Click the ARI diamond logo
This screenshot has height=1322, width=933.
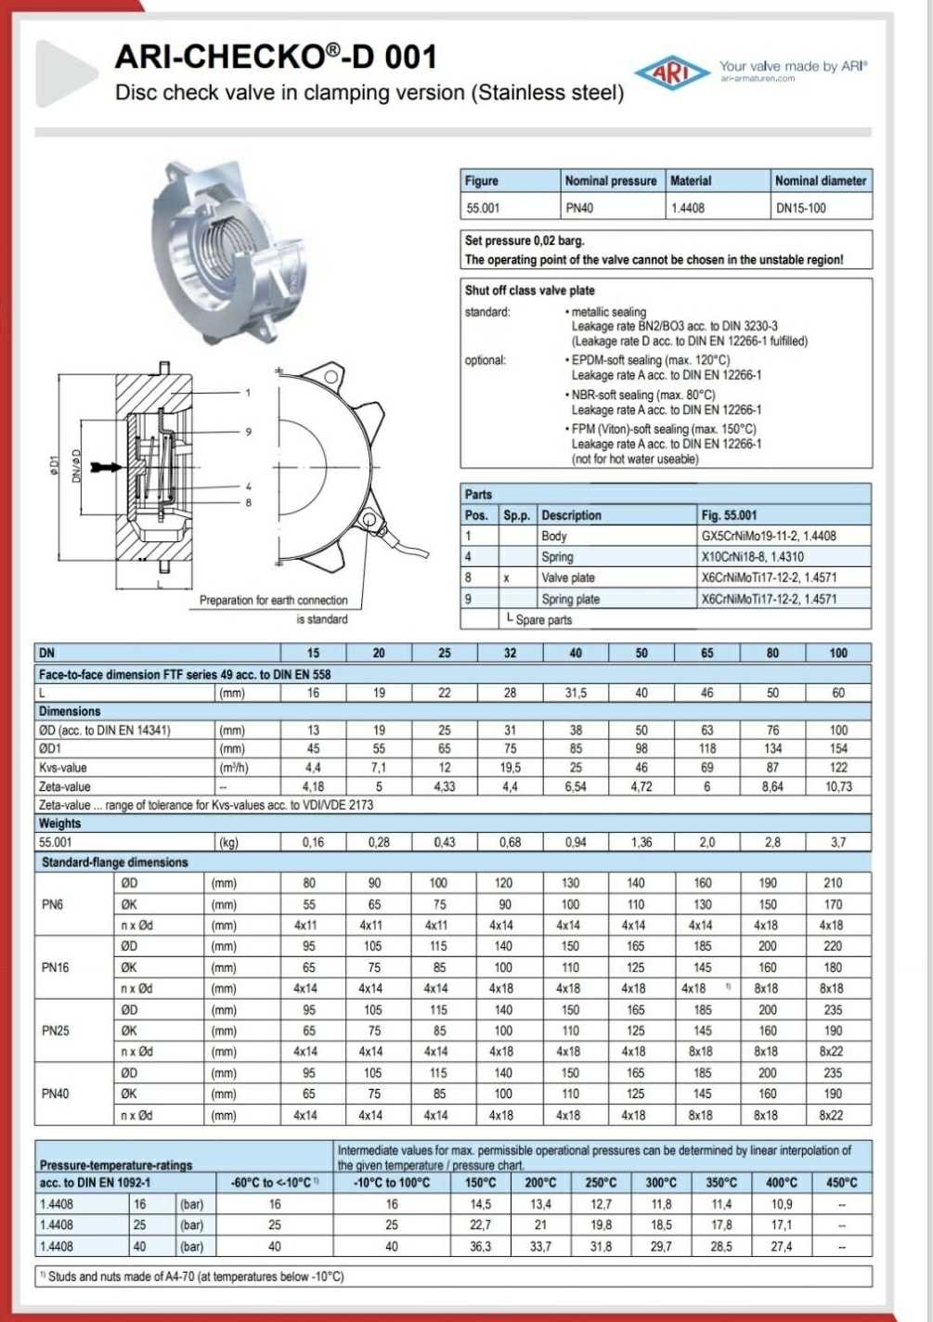(x=671, y=72)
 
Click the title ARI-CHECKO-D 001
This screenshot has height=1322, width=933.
(x=276, y=58)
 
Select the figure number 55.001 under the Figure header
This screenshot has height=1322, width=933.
(x=483, y=208)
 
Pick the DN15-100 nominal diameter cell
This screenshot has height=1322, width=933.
(x=800, y=208)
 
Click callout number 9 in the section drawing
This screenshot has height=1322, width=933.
(x=249, y=432)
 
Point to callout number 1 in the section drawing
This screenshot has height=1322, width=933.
(x=248, y=393)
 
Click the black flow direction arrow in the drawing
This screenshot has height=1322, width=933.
(x=107, y=467)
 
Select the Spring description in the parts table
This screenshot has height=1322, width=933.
(x=557, y=557)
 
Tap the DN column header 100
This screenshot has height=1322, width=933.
(x=838, y=653)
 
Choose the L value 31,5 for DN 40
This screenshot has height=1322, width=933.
(x=576, y=693)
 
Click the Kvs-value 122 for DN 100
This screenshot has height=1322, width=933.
(x=838, y=768)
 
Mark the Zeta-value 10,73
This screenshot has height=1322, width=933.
(x=838, y=786)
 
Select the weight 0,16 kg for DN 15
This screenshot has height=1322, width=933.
(x=313, y=842)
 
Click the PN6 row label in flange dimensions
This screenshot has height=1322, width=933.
(x=53, y=904)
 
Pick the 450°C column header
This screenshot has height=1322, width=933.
(x=841, y=1183)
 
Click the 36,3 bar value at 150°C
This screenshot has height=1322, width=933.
(x=480, y=1246)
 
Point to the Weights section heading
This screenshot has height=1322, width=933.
(x=59, y=823)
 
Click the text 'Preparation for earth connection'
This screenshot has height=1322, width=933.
(x=273, y=601)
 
